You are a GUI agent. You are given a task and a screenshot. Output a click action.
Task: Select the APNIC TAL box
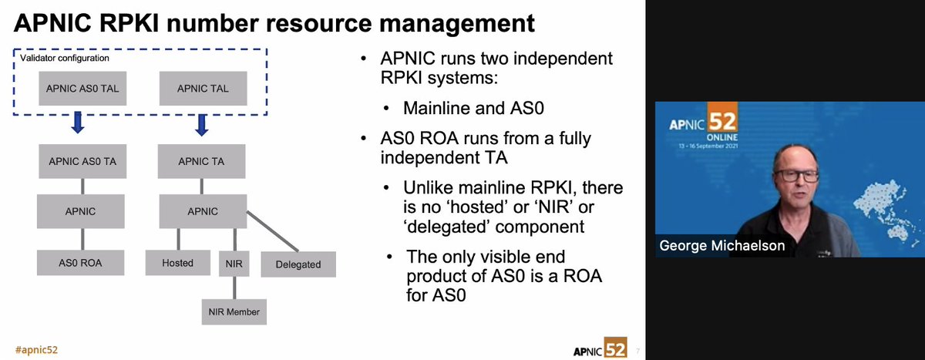click(x=203, y=89)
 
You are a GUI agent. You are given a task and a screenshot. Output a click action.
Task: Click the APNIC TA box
click(x=203, y=161)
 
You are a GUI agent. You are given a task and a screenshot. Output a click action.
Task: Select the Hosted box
click(x=177, y=263)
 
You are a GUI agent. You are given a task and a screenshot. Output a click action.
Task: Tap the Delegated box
click(x=298, y=264)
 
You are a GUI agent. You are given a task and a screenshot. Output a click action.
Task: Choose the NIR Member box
click(x=234, y=312)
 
